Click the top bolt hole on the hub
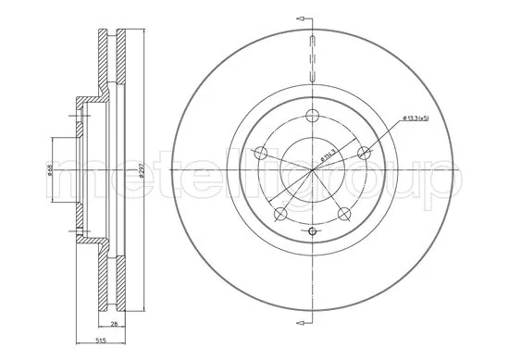[312, 116]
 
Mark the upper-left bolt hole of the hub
[260, 154]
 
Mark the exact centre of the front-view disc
[312, 172]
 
